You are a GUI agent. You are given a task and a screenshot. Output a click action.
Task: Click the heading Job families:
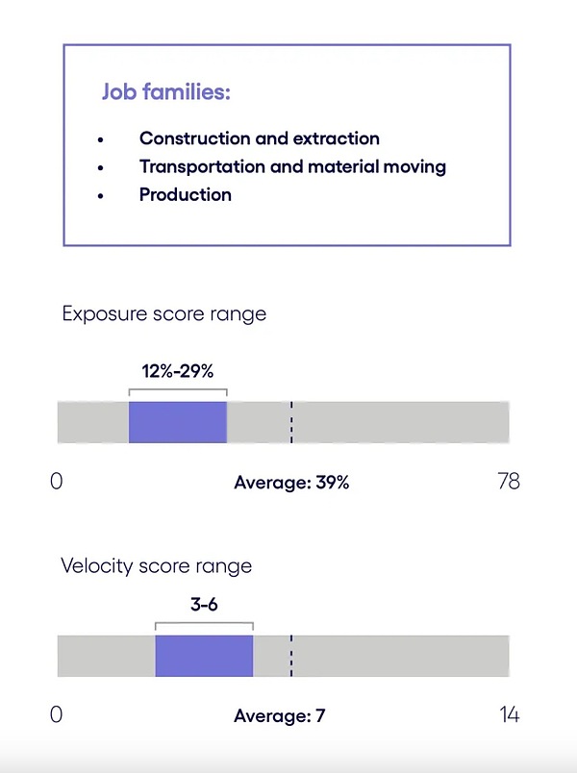pyautogui.click(x=165, y=93)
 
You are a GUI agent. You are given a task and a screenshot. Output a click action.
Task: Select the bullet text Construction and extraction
pyautogui.click(x=259, y=138)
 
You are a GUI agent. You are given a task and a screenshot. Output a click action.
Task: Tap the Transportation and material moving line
pyautogui.click(x=292, y=166)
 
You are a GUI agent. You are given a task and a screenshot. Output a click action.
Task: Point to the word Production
pyautogui.click(x=185, y=194)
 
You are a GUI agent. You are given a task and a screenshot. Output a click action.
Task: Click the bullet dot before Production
pyautogui.click(x=100, y=196)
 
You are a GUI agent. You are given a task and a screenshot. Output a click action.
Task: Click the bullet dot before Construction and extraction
pyautogui.click(x=100, y=140)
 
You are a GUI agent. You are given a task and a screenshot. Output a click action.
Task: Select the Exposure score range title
pyautogui.click(x=163, y=313)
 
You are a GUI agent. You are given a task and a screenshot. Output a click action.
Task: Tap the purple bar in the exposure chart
pyautogui.click(x=178, y=422)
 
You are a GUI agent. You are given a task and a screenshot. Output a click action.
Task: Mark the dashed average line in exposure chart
pyautogui.click(x=290, y=422)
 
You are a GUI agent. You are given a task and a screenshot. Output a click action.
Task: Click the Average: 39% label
pyautogui.click(x=291, y=483)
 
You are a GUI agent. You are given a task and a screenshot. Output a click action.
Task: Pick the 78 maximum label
pyautogui.click(x=508, y=481)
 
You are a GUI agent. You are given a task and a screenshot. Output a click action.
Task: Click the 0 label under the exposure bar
pyautogui.click(x=57, y=481)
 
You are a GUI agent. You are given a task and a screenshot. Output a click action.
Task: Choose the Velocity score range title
pyautogui.click(x=156, y=565)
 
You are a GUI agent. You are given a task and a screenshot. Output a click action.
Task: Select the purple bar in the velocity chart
pyautogui.click(x=204, y=656)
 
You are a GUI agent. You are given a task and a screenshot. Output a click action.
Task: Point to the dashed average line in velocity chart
pyautogui.click(x=290, y=656)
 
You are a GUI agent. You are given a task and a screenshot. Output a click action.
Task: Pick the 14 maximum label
pyautogui.click(x=508, y=714)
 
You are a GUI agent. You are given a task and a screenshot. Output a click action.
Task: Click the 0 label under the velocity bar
pyautogui.click(x=57, y=714)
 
